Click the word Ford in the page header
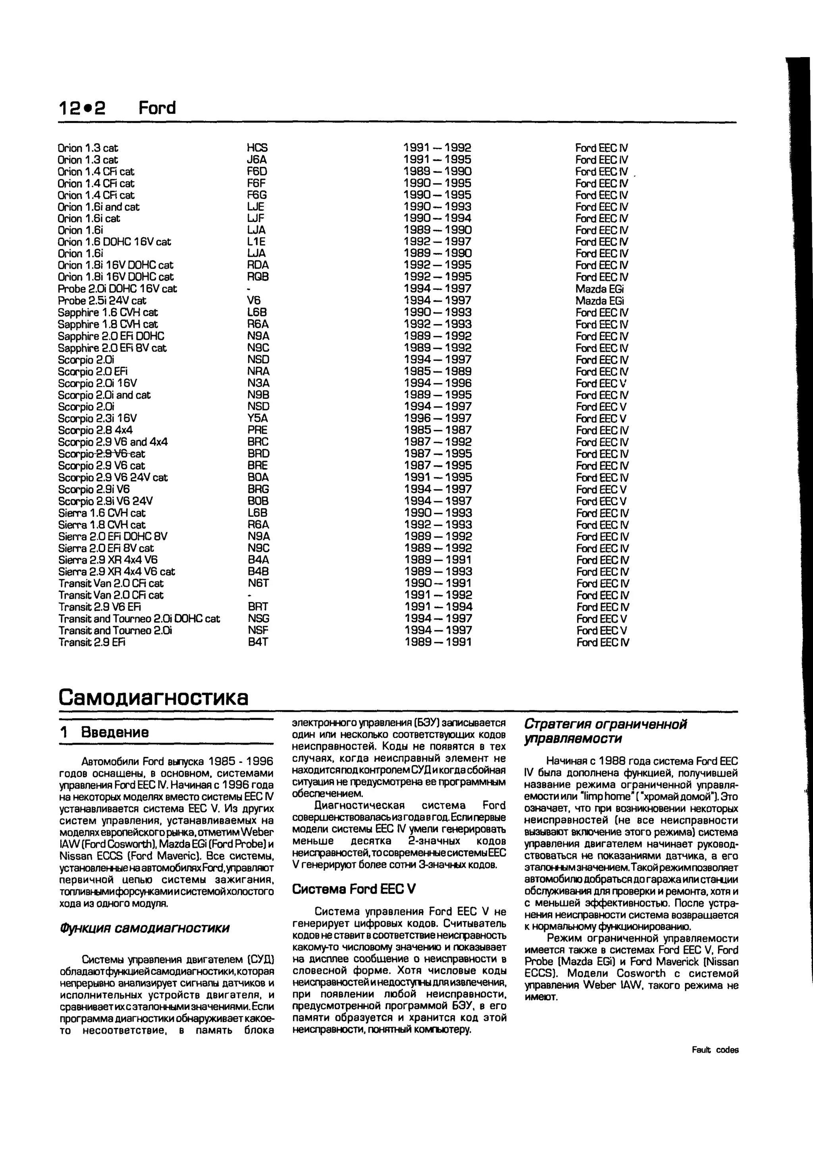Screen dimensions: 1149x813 coord(157,108)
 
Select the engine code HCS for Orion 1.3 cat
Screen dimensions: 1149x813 coord(257,148)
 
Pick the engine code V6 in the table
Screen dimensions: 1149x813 coord(254,301)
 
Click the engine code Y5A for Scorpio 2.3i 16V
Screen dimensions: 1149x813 coord(258,418)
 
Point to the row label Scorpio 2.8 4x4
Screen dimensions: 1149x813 coord(95,430)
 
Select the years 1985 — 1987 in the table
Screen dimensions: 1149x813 coord(437,430)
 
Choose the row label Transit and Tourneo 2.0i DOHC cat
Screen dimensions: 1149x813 coord(139,618)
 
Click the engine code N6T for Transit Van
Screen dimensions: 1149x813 coord(258,583)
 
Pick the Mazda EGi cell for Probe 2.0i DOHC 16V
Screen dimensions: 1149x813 coord(600,289)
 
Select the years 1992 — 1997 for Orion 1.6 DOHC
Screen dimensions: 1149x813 coord(437,242)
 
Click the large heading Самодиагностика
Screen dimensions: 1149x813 coord(153,697)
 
